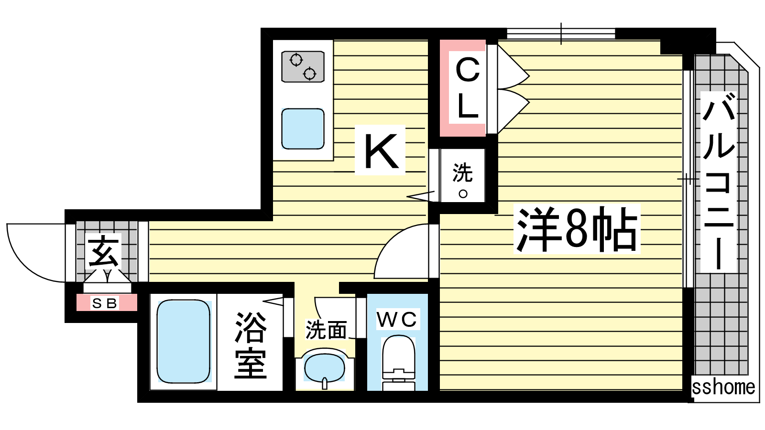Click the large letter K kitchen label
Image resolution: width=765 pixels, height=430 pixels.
(381, 151)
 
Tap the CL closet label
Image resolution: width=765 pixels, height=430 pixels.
(468, 88)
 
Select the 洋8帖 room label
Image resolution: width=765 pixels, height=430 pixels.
(577, 229)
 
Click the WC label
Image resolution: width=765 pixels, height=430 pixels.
(397, 319)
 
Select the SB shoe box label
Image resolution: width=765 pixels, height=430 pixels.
(105, 303)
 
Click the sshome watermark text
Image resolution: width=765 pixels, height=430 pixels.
(723, 387)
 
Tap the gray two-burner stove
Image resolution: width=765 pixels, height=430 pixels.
(303, 66)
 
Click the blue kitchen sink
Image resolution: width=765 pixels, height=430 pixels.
(303, 129)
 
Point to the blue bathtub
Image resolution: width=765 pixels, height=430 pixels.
(184, 341)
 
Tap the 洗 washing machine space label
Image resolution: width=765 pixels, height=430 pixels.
(462, 172)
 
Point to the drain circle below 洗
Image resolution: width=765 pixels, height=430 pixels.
(463, 194)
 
